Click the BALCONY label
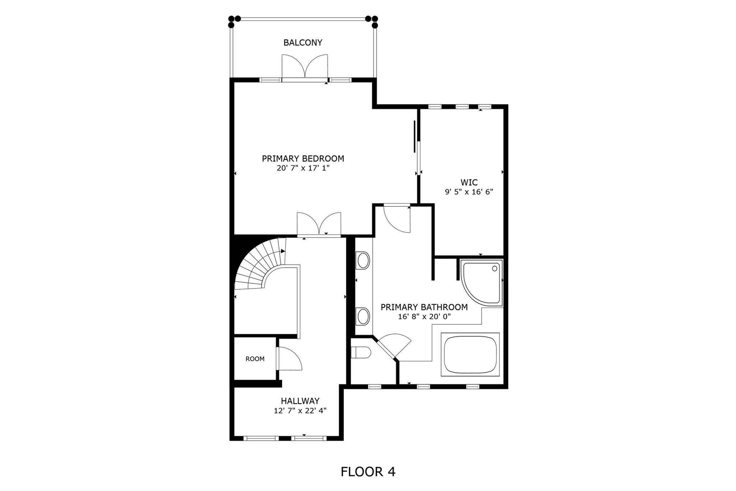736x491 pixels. pos(303,42)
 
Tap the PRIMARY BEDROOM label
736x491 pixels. pos(303,158)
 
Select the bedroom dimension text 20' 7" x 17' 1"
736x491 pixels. pos(303,168)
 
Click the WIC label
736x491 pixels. pos(469,182)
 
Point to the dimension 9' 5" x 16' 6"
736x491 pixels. pos(469,192)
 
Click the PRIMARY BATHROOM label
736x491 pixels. pos(424,307)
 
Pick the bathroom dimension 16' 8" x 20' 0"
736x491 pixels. pos(424,317)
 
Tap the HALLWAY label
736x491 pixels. pos(300,401)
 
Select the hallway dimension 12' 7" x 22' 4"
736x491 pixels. pos(300,410)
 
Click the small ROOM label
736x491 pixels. pos(255,359)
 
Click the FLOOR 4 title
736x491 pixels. pos(368,472)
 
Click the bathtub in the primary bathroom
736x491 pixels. pos(470,354)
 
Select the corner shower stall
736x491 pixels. pos(482,283)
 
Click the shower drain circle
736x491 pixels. pos(495,268)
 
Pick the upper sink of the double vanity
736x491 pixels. pos(363,260)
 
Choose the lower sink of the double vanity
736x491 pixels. pos(363,316)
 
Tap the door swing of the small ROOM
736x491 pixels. pos(289,358)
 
